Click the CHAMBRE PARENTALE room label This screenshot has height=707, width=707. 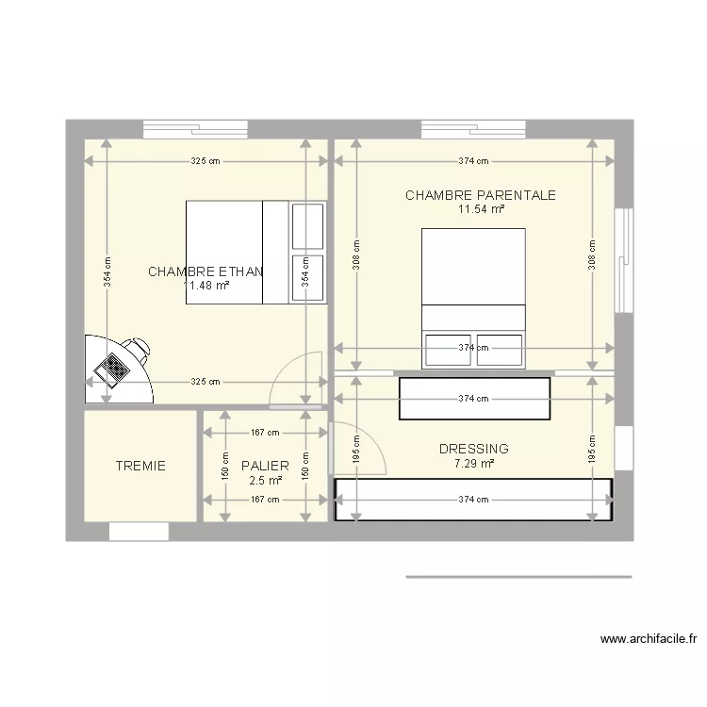[x=480, y=195]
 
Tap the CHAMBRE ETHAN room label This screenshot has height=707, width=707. [x=206, y=271]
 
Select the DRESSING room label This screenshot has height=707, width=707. [x=473, y=450]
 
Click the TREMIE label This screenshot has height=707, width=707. [x=140, y=466]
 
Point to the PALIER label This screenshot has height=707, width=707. [x=265, y=466]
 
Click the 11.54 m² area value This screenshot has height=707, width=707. [x=480, y=209]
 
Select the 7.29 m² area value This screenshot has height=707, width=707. [x=473, y=464]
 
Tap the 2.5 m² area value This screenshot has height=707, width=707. [x=265, y=480]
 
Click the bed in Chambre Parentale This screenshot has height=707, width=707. [x=473, y=292]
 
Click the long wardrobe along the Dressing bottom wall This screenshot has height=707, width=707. [x=473, y=499]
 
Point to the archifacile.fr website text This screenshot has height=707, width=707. [x=648, y=639]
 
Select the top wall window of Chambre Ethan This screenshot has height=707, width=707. [x=195, y=129]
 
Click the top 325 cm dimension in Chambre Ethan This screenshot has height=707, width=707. [x=206, y=161]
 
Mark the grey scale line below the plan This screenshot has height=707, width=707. [x=518, y=577]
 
